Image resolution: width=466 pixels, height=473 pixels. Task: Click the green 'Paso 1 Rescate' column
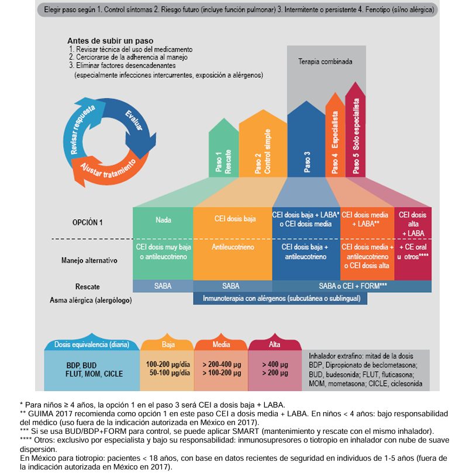tap(223, 151)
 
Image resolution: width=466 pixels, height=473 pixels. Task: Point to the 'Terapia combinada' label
tap(325, 61)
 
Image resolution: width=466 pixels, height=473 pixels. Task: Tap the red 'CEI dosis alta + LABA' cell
tap(413, 223)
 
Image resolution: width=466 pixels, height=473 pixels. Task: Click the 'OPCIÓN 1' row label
tap(88, 223)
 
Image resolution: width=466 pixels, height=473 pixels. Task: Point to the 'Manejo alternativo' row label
tap(89, 260)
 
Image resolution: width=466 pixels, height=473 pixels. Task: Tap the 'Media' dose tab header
tap(221, 344)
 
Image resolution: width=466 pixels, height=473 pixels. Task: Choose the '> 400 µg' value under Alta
tap(275, 364)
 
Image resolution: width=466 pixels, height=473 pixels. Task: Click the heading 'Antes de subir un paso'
tap(111, 41)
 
